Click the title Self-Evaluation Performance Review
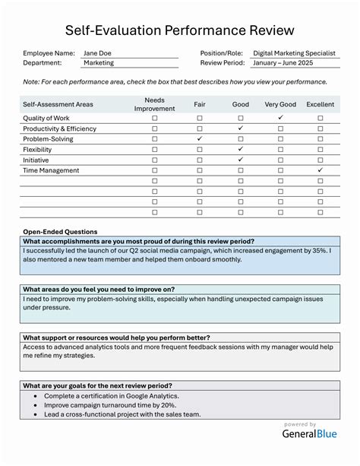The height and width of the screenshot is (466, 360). click(179, 30)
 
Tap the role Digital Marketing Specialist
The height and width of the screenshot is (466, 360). click(294, 53)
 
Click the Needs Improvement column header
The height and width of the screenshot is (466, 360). click(155, 104)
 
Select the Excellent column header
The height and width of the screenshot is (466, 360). click(320, 104)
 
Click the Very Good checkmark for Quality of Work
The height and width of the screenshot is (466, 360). click(280, 118)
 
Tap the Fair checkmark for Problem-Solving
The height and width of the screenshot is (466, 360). click(200, 139)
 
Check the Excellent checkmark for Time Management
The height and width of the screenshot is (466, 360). click(320, 170)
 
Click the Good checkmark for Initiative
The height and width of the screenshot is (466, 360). click(240, 160)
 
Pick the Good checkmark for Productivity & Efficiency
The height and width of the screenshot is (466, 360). click(240, 128)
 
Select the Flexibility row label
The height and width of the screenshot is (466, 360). click(39, 150)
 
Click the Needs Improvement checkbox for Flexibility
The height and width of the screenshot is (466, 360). click(155, 150)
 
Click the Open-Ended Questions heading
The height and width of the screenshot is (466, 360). click(60, 231)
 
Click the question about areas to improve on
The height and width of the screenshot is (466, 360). click(99, 289)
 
